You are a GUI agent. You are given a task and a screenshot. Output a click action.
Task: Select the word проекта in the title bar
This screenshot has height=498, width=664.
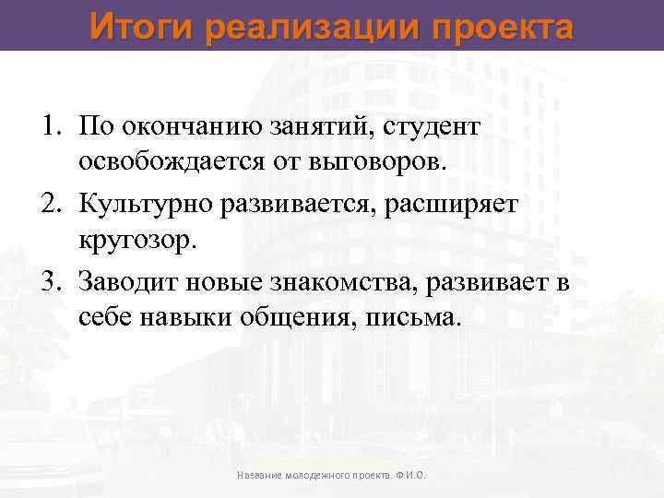click(x=499, y=27)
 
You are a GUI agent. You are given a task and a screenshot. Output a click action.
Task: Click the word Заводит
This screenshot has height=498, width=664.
click(x=124, y=281)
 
